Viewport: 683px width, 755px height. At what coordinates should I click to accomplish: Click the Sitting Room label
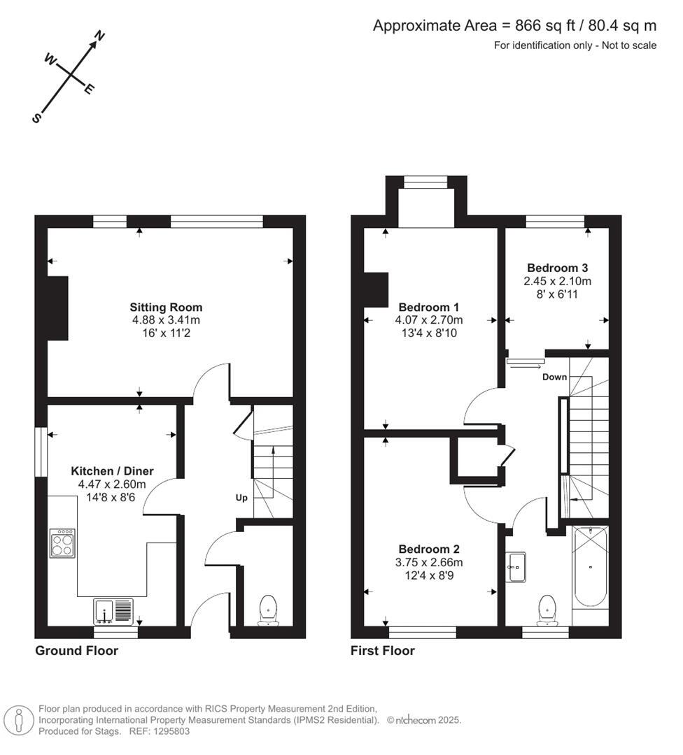coord(166,307)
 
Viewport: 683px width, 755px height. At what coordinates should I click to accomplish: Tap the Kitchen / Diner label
coord(112,470)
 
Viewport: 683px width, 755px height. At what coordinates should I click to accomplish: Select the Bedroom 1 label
coord(429,307)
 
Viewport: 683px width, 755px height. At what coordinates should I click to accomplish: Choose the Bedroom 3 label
coord(557,268)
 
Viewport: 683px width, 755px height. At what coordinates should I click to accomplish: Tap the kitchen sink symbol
coord(113,611)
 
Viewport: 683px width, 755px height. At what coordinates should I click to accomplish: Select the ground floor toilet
coord(268,610)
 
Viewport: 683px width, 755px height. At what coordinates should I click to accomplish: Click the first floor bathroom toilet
coord(547,610)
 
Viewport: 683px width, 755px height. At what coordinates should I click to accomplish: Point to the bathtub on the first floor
coord(591,566)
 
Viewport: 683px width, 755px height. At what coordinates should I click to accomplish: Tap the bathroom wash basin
coord(516,566)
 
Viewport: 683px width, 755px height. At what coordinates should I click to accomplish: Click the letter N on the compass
coord(100,35)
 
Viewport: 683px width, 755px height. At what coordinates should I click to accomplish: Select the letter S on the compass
coord(36,118)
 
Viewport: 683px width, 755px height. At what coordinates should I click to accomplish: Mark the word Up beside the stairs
coord(241,498)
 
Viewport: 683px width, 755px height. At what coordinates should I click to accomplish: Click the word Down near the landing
coord(554,377)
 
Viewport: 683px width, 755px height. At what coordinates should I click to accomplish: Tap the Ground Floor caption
coord(76,651)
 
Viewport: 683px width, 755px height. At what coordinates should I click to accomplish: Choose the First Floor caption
coord(382,651)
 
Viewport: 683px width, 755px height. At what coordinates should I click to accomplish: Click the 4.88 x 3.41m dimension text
coord(166,320)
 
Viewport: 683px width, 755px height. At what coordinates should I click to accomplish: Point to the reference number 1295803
coord(169,731)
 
